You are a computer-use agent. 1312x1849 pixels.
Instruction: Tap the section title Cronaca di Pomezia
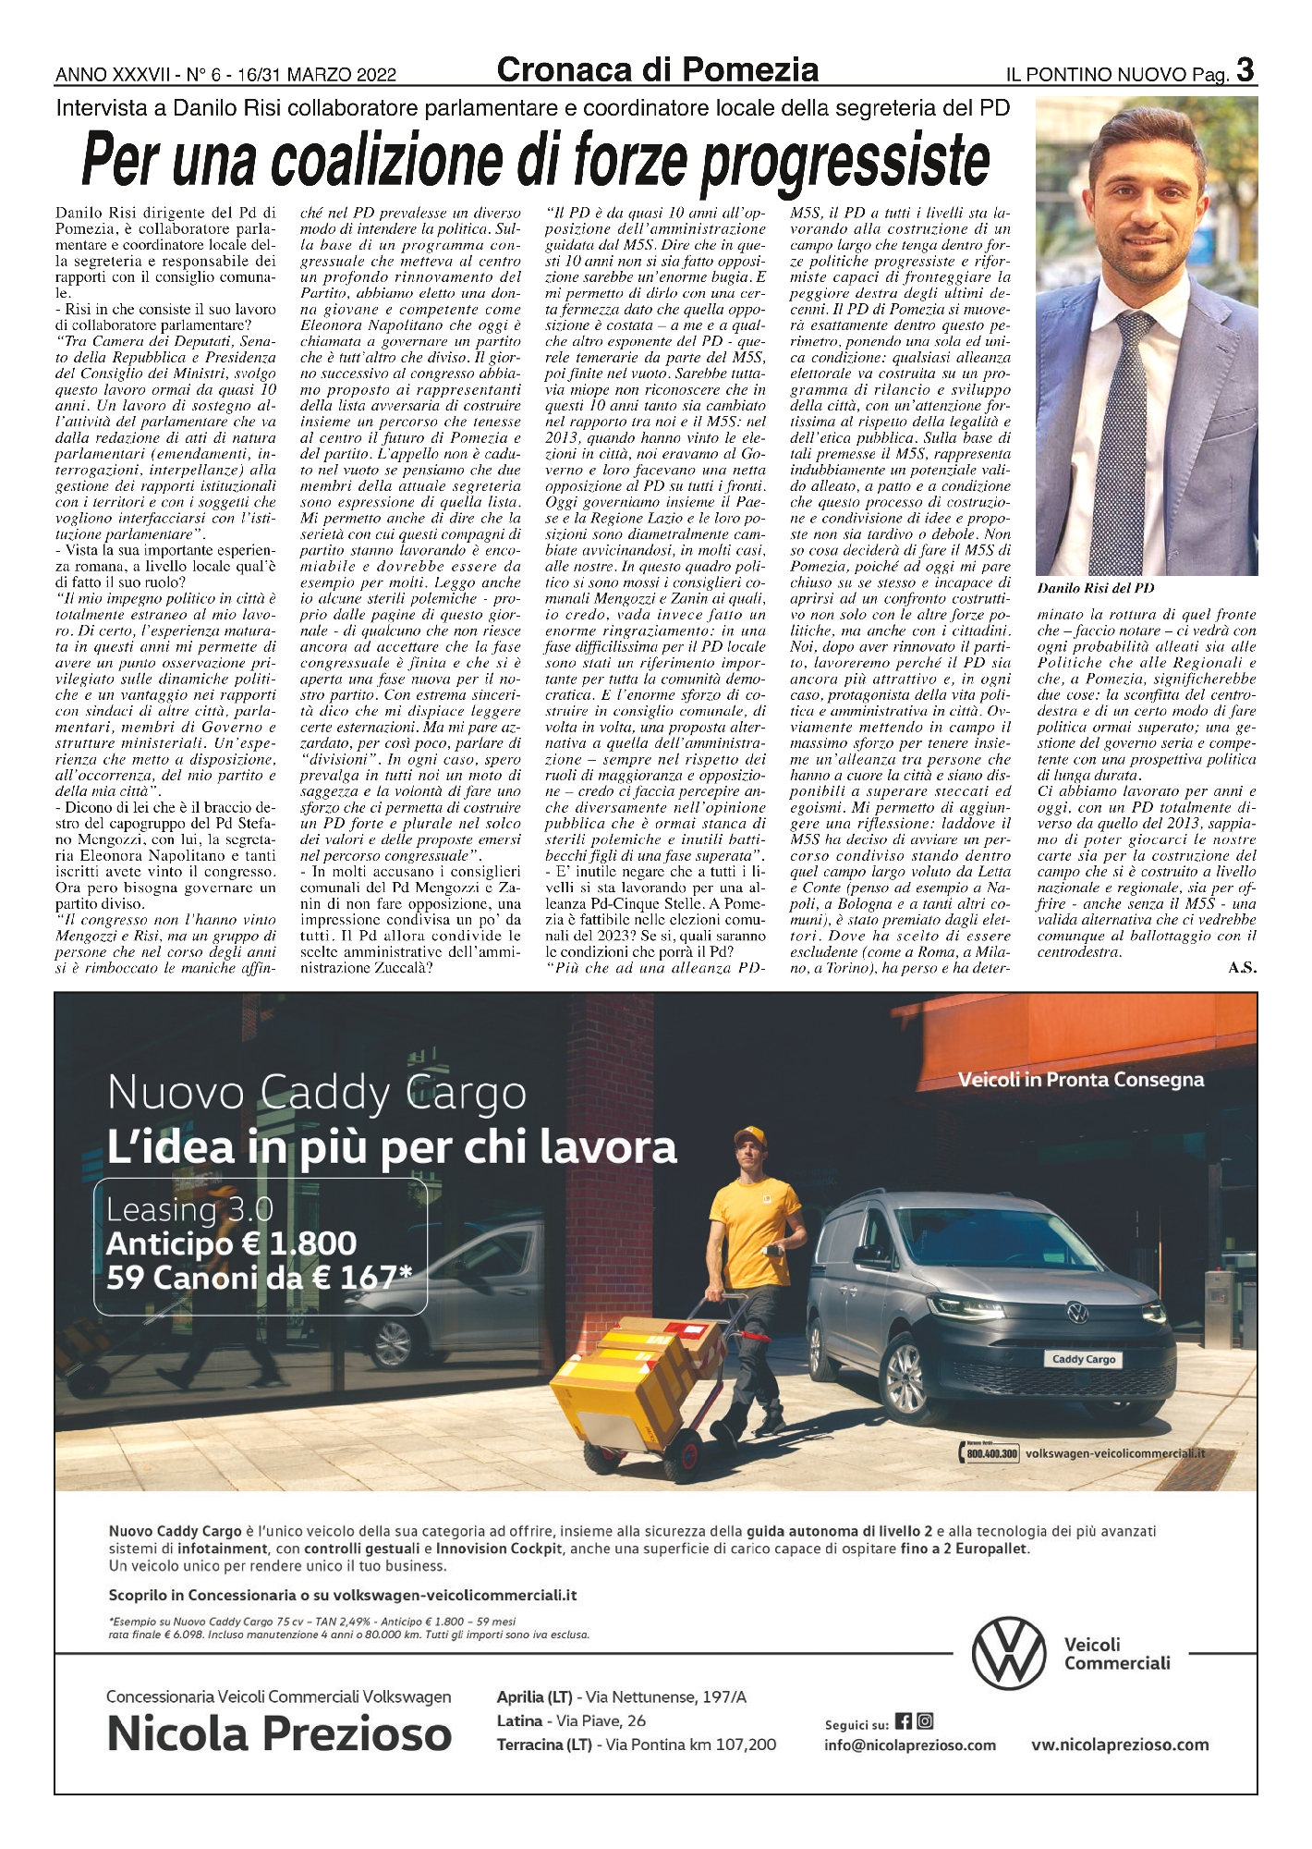point(657,70)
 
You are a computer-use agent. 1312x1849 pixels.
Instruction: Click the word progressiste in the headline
point(844,162)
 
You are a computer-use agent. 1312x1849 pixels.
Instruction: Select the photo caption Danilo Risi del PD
point(1095,588)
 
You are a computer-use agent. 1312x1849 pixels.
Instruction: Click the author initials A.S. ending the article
point(1242,968)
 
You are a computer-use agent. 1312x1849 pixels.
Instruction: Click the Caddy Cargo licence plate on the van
point(1084,1359)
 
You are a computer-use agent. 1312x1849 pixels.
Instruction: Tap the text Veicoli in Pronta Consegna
point(1080,1080)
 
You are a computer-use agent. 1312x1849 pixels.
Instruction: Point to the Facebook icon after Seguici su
point(904,1721)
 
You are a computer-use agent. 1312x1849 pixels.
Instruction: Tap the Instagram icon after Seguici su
point(925,1721)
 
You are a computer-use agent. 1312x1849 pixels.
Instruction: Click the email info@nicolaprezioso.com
point(909,1745)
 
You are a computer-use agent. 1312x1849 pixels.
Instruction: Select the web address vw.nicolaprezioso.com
point(1120,1745)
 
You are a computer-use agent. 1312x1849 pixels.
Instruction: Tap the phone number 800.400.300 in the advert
point(991,1454)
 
